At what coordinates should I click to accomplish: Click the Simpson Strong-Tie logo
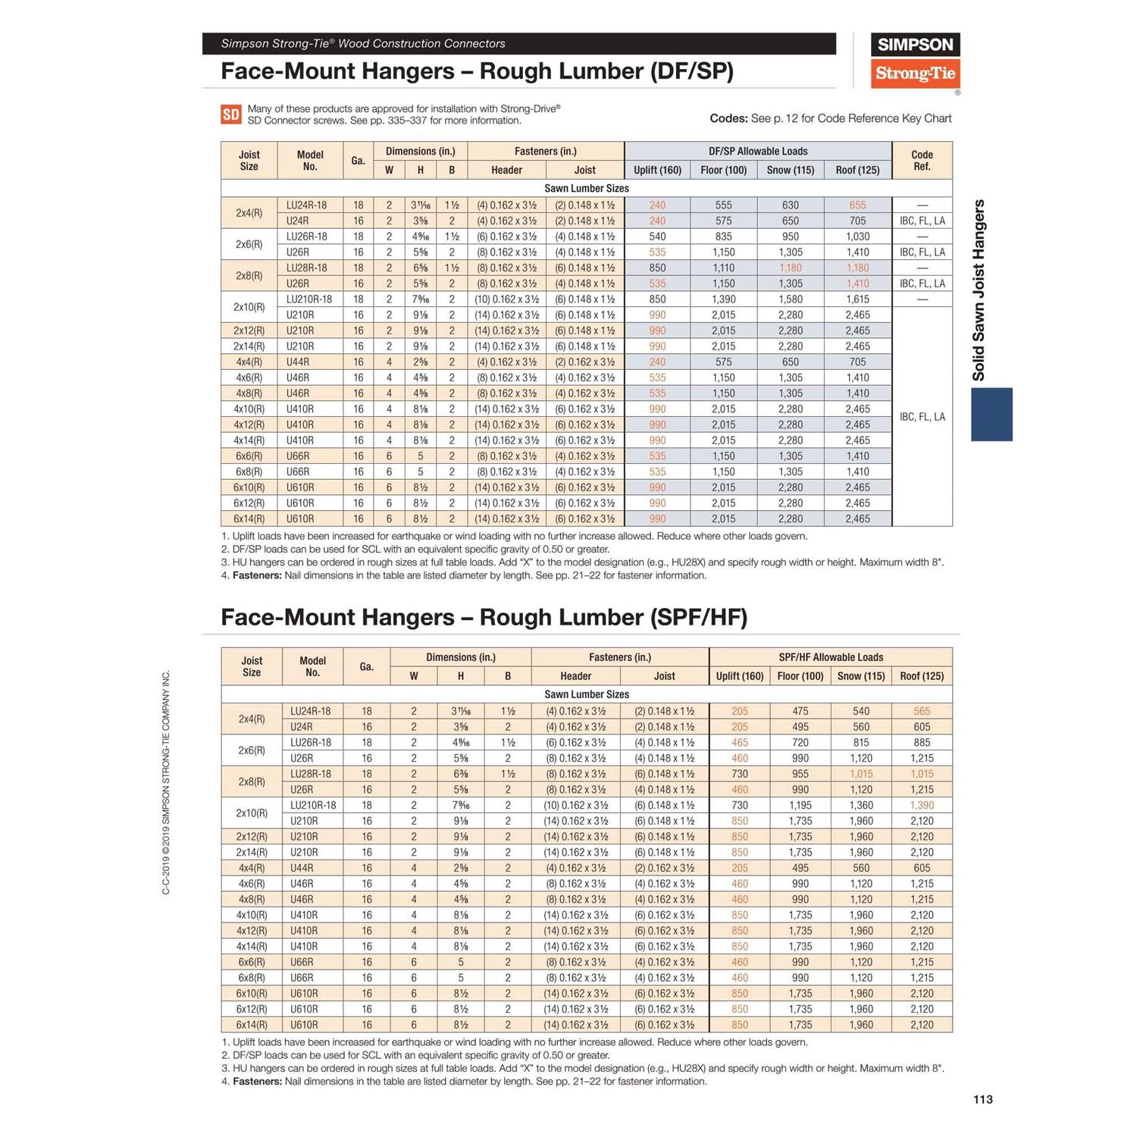(x=915, y=61)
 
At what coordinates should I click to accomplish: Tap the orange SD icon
(x=230, y=114)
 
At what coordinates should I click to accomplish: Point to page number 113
(x=982, y=1099)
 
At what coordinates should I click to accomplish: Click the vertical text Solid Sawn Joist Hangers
(x=979, y=290)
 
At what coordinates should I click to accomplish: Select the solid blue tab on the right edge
(x=991, y=414)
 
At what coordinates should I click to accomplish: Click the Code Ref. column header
(x=922, y=160)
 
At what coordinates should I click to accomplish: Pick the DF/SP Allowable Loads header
(x=758, y=151)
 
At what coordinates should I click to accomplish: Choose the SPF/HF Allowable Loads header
(x=831, y=657)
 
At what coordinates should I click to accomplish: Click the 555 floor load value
(x=723, y=205)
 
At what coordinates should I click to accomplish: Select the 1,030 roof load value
(x=857, y=236)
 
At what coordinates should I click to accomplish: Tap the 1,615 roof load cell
(x=857, y=299)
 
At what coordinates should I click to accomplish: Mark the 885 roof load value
(x=922, y=743)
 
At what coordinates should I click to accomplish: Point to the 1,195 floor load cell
(x=800, y=805)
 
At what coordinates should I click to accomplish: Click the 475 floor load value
(x=800, y=711)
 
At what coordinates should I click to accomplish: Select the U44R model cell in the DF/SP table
(x=298, y=362)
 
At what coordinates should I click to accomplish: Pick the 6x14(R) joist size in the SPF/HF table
(x=251, y=1025)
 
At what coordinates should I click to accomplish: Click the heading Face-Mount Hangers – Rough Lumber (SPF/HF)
(x=484, y=617)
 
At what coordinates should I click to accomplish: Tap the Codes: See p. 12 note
(x=830, y=118)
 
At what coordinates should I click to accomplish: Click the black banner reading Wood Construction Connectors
(x=518, y=44)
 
